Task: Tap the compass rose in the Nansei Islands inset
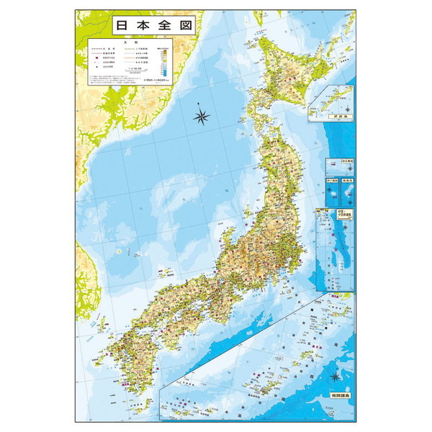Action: (x=336, y=376)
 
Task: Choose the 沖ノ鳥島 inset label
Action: (x=333, y=180)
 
